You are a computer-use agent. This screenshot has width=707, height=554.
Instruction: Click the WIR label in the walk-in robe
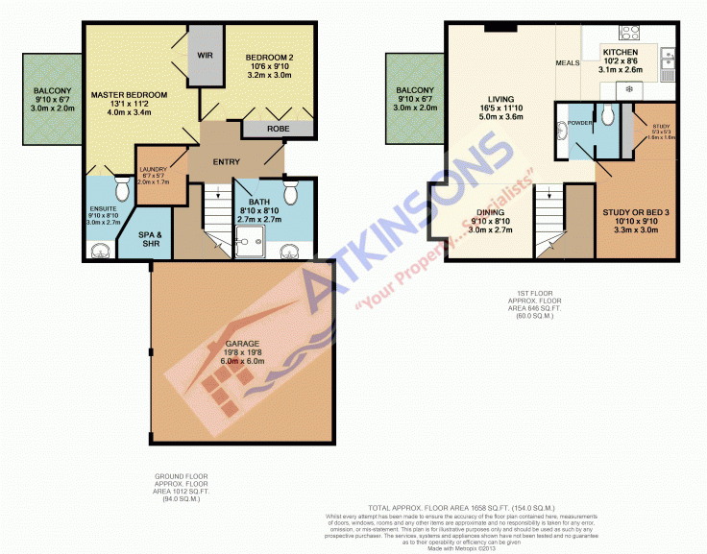(205, 56)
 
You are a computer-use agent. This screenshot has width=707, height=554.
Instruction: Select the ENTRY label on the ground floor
(228, 161)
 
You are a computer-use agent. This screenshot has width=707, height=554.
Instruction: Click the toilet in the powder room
(606, 116)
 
